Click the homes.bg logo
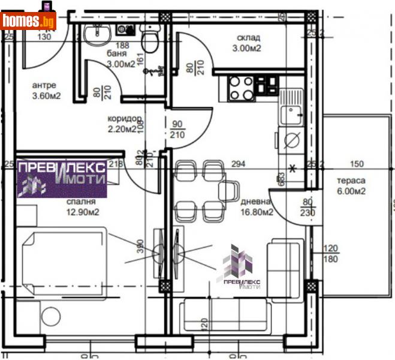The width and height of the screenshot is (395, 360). (28, 21)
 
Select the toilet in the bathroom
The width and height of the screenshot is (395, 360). (150, 41)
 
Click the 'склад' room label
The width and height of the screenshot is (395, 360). (247, 38)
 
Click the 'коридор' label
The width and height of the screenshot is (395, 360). (124, 118)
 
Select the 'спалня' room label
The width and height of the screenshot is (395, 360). (82, 202)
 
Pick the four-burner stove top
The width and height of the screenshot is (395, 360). (240, 89)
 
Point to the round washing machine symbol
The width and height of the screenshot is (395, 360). (291, 140)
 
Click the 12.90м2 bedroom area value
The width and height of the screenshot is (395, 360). (82, 212)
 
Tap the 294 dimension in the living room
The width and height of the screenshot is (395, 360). (239, 164)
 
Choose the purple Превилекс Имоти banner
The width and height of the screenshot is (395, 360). (62, 179)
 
